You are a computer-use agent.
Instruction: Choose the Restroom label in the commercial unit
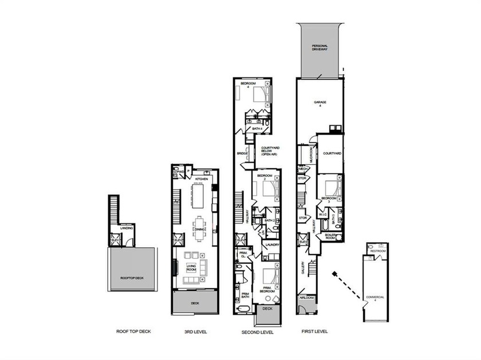pos(378,251)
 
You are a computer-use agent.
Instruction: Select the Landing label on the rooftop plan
pos(127,228)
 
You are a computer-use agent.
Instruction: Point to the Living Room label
pos(192,266)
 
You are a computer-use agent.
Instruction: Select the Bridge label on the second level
pos(243,154)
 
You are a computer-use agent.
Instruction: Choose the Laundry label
pos(271,245)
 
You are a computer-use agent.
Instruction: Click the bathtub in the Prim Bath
pos(243,309)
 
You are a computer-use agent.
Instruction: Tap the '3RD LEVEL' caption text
pos(195,332)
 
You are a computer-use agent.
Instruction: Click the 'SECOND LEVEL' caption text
pos(257,332)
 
